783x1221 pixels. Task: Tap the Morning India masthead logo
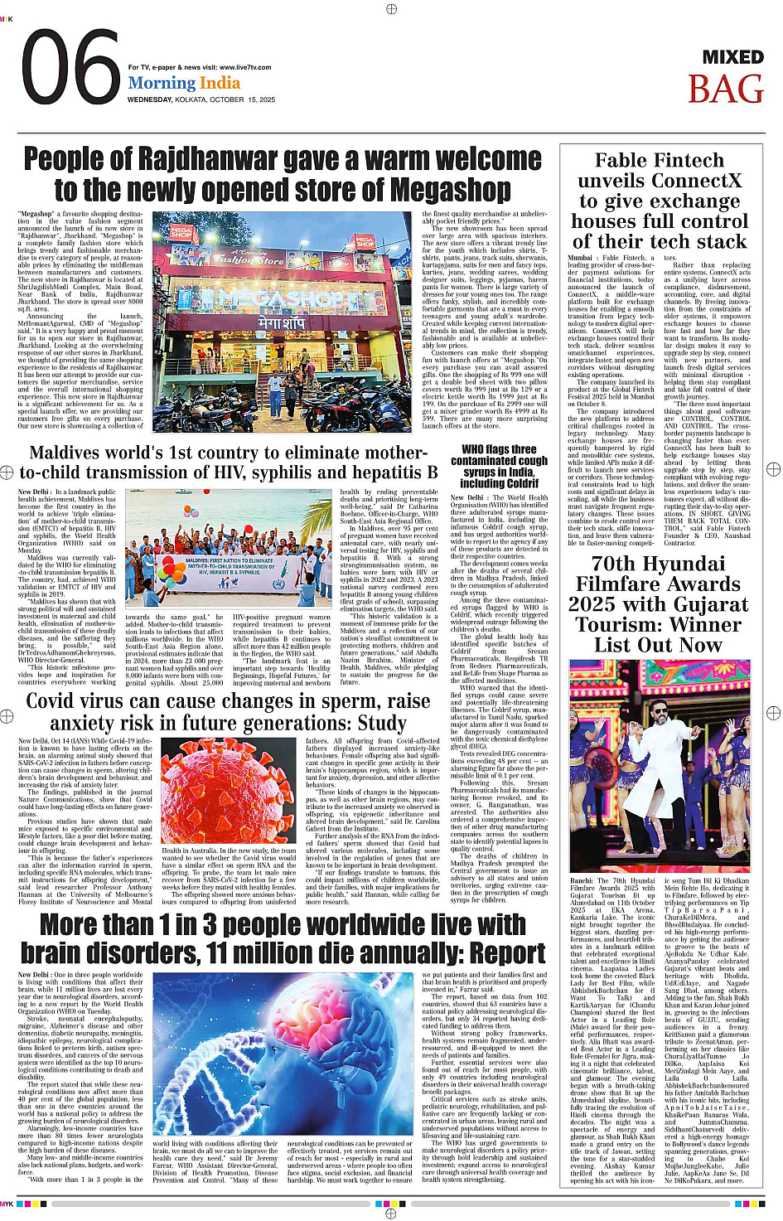[184, 83]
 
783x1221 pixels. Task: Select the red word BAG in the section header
[725, 90]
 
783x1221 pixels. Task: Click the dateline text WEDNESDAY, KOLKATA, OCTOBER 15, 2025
[201, 99]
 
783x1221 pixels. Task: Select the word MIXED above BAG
[732, 57]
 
